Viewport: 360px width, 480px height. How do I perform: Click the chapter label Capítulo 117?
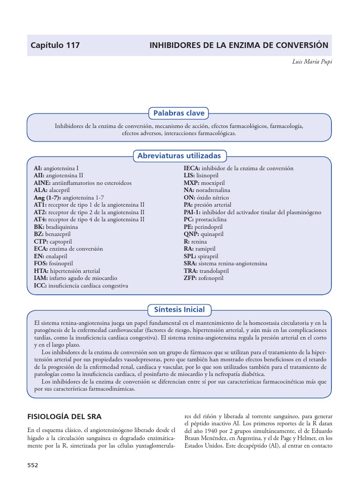(x=55, y=45)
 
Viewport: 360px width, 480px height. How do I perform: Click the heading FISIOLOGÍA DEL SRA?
(x=64, y=416)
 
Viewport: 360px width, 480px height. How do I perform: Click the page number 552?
(x=33, y=465)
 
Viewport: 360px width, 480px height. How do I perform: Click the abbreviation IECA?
(x=192, y=168)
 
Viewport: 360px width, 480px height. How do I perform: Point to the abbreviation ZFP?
(x=191, y=278)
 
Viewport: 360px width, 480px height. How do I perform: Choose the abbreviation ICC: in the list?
(x=40, y=285)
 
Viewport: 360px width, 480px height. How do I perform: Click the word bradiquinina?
(x=62, y=227)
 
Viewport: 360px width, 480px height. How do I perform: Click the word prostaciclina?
(x=211, y=219)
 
